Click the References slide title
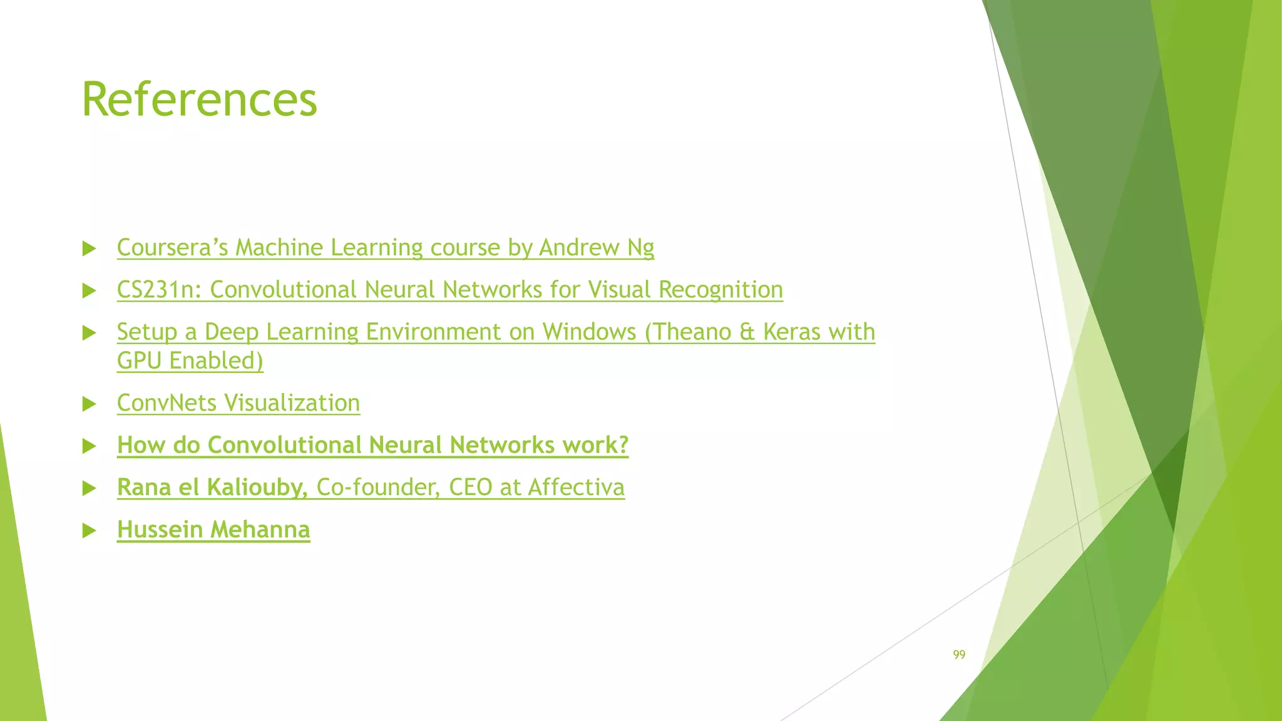pos(199,100)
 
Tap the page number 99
pos(959,655)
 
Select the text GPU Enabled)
pos(190,361)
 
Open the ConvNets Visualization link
pos(238,403)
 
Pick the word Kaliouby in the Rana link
pos(257,487)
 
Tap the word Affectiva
pos(576,487)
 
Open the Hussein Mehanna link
pos(213,529)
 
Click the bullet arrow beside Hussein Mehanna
pos(89,531)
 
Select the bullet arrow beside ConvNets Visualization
pos(89,404)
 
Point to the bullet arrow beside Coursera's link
pos(89,249)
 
